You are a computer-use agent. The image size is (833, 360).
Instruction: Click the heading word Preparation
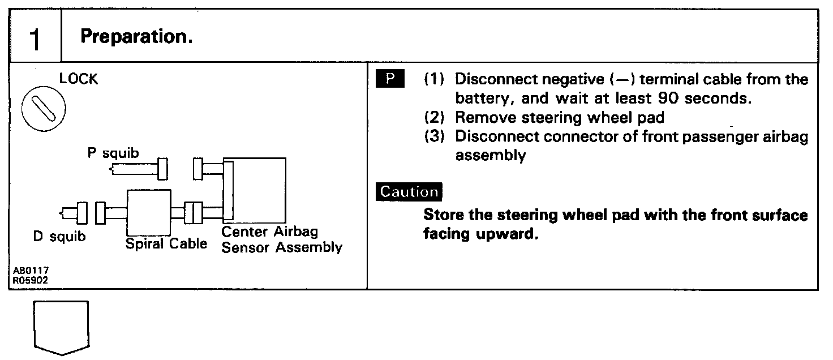click(x=136, y=37)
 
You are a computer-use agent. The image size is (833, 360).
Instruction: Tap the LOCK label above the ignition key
click(x=79, y=79)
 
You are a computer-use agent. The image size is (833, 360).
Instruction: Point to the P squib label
click(x=113, y=154)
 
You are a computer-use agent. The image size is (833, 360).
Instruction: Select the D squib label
click(x=59, y=237)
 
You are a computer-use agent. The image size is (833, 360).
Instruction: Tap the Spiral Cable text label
click(x=166, y=245)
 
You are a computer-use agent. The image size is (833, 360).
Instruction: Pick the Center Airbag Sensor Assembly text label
click(x=281, y=240)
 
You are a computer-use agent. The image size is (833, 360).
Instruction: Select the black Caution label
click(x=409, y=191)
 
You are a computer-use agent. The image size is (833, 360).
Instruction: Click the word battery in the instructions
click(x=480, y=98)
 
